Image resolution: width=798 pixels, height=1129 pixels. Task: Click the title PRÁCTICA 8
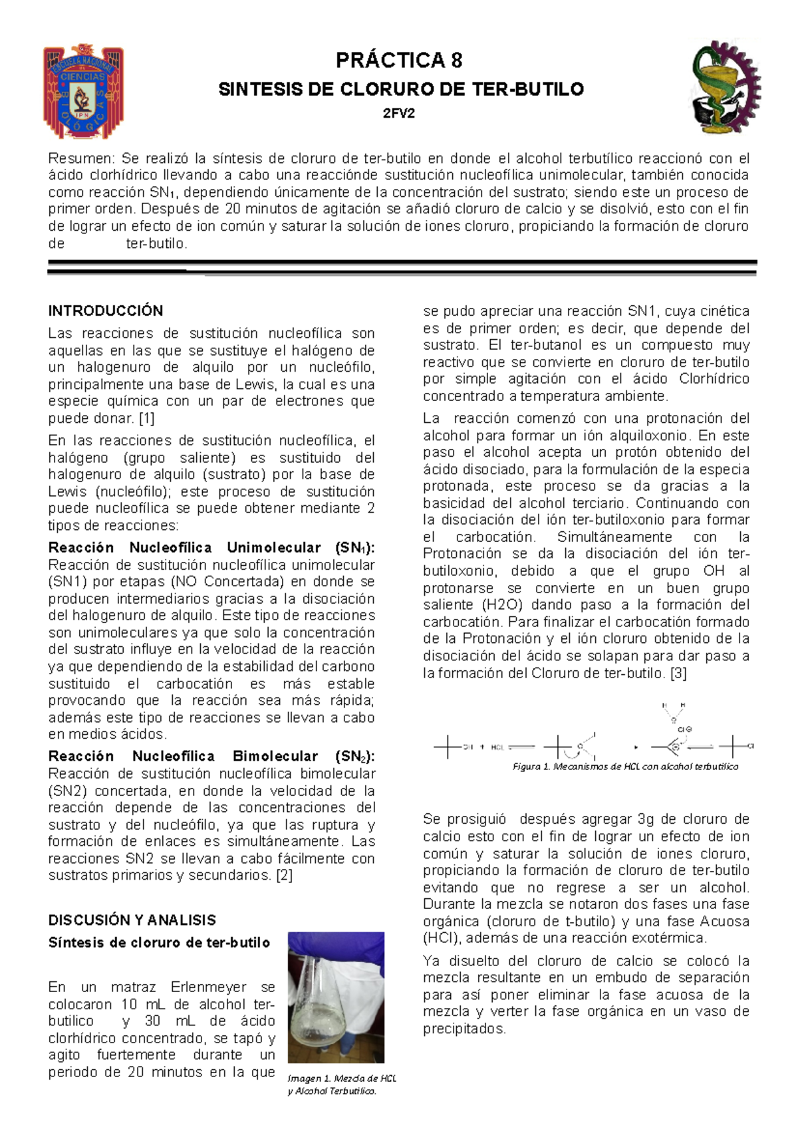click(399, 61)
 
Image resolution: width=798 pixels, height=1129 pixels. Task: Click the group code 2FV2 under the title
click(399, 113)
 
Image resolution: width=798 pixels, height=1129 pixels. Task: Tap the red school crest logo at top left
click(83, 91)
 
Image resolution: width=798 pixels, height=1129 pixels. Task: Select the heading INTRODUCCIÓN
click(106, 311)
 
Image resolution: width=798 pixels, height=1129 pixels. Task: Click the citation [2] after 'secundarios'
click(284, 875)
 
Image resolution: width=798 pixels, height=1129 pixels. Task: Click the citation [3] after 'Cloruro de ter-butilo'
click(678, 673)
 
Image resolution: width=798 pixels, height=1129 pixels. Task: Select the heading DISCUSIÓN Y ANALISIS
click(132, 920)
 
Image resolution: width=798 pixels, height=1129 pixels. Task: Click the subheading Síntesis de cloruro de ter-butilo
click(159, 943)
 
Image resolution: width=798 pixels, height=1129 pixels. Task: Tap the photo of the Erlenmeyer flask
click(336, 997)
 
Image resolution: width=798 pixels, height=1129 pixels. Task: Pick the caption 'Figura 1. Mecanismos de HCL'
click(625, 767)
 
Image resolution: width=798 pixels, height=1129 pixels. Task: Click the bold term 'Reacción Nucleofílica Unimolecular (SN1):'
click(211, 548)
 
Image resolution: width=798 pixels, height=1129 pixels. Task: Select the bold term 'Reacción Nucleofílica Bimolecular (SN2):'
click(211, 757)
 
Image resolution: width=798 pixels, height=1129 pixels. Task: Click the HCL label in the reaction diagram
click(497, 747)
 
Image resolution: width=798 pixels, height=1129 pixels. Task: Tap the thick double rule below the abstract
click(402, 267)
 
